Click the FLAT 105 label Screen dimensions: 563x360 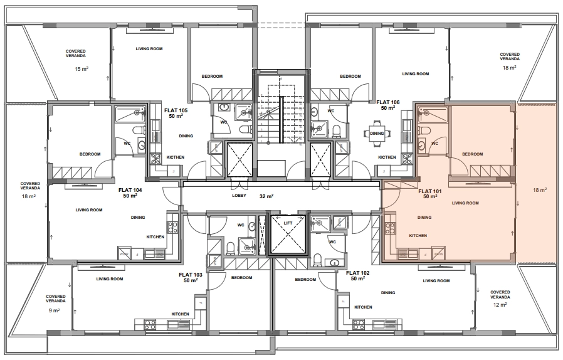tap(176, 110)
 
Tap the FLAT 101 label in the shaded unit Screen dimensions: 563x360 tap(430, 191)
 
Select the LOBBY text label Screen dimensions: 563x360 tap(239, 196)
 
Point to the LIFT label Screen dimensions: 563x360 tap(288, 223)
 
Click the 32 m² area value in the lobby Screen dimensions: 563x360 tap(266, 196)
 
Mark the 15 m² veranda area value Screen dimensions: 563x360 tap(82, 69)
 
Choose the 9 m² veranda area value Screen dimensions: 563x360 tap(54, 310)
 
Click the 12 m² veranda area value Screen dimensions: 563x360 tap(500, 305)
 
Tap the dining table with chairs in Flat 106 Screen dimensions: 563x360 tap(377, 134)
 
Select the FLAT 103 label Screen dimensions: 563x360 tap(191, 275)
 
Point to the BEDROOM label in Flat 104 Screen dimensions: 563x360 tap(90, 154)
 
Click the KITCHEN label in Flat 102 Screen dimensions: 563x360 tap(363, 307)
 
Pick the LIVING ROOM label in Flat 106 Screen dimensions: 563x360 tap(416, 73)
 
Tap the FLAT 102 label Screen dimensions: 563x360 tap(357, 273)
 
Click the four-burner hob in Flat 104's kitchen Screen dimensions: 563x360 tap(172, 228)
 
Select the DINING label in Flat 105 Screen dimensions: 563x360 tap(186, 136)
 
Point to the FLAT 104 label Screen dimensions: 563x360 tap(130, 191)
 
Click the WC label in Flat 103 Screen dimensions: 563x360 tap(241, 225)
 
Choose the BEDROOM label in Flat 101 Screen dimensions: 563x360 tap(472, 154)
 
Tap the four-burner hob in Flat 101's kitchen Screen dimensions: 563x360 tap(390, 228)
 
